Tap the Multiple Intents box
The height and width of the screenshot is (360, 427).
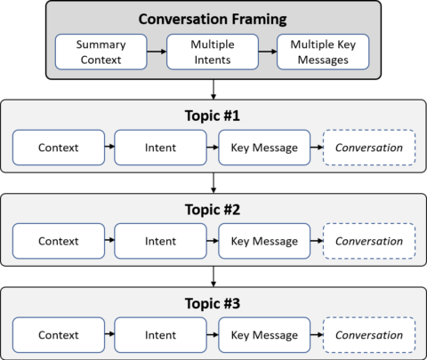pyautogui.click(x=212, y=51)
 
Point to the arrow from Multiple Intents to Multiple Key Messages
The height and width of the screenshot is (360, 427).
pyautogui.click(x=268, y=52)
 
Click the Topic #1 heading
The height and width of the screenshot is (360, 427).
pyautogui.click(x=213, y=116)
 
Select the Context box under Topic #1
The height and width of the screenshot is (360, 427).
pyautogui.click(x=58, y=147)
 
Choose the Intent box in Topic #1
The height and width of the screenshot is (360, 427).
pyautogui.click(x=161, y=147)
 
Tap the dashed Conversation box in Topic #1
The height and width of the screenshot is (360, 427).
pyautogui.click(x=368, y=147)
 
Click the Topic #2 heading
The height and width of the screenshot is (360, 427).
pyautogui.click(x=213, y=210)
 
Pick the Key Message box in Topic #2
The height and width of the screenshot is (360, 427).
pyautogui.click(x=264, y=241)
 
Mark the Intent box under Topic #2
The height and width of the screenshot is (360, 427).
pyautogui.click(x=161, y=241)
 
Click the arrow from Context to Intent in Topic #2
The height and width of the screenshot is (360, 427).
pyautogui.click(x=109, y=241)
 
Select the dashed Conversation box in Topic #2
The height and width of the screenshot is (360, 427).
pyautogui.click(x=368, y=241)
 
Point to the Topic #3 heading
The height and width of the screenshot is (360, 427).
pyautogui.click(x=213, y=304)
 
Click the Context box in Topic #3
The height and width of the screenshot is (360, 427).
pyautogui.click(x=58, y=335)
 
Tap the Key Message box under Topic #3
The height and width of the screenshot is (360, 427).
pyautogui.click(x=264, y=335)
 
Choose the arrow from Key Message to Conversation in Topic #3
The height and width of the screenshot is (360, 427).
pyautogui.click(x=316, y=335)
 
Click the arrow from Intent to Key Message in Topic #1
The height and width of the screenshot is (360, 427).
pyautogui.click(x=213, y=147)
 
